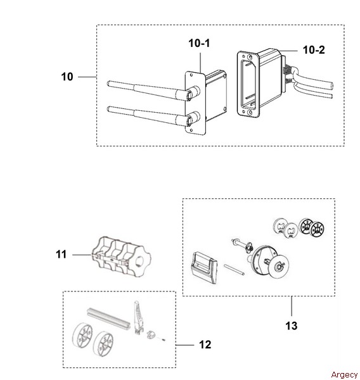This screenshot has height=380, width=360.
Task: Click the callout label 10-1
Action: [x=199, y=43]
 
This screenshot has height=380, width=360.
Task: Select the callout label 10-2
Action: [x=314, y=50]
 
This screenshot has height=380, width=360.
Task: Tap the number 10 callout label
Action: [x=67, y=77]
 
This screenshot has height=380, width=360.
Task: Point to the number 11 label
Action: [x=61, y=255]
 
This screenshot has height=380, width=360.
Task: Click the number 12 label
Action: [x=205, y=345]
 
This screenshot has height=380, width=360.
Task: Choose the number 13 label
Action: [x=291, y=326]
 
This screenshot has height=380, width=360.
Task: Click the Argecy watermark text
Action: [x=345, y=375]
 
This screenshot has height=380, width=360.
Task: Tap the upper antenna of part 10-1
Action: [x=153, y=91]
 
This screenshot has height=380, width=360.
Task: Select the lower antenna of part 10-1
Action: [x=153, y=116]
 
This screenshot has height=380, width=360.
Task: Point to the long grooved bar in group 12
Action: [x=108, y=317]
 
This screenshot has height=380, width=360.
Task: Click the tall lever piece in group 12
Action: [x=138, y=317]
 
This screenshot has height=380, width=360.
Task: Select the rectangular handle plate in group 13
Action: [x=204, y=267]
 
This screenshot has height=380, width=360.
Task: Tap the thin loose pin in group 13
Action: [x=234, y=270]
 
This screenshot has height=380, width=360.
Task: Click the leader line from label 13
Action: [x=292, y=306]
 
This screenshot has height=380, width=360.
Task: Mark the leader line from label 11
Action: [x=82, y=255]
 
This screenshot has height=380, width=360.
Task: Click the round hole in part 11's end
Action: [x=139, y=261]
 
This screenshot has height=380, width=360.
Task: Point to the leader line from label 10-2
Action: [x=288, y=51]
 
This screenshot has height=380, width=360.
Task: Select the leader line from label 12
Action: [x=185, y=345]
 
